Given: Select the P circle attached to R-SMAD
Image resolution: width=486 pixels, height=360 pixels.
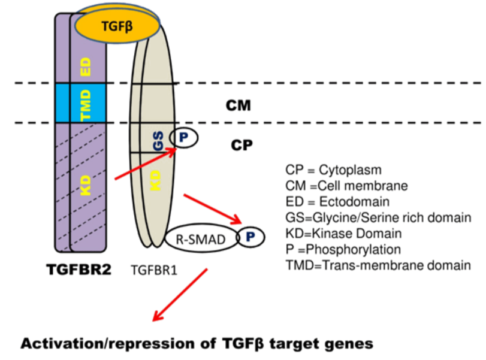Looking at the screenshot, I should tap(250, 237).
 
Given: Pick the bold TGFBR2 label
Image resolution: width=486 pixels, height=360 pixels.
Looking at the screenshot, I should tap(79, 270).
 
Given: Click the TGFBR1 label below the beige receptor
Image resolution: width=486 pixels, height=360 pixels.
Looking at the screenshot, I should tap(153, 271).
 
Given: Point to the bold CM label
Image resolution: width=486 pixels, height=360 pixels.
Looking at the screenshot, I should tap(239, 106).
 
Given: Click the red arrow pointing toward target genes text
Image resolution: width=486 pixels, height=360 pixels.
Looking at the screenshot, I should tap(180, 296).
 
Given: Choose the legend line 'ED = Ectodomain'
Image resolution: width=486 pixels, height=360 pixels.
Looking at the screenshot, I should tap(340, 201).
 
